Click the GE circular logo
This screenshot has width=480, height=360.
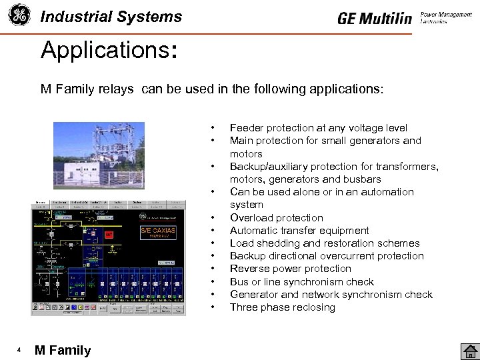click(19, 17)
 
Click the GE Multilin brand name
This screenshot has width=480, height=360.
click(375, 19)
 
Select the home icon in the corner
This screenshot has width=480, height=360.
click(469, 350)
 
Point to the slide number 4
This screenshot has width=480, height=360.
click(19, 350)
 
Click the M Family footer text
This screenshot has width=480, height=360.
click(63, 350)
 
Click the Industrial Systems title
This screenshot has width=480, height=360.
click(111, 17)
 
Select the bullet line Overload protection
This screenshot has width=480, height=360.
click(276, 218)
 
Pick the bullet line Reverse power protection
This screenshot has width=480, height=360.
click(290, 269)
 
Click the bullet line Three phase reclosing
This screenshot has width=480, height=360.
click(282, 307)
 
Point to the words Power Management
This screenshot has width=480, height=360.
click(446, 14)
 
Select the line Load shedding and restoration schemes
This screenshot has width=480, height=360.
click(325, 243)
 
